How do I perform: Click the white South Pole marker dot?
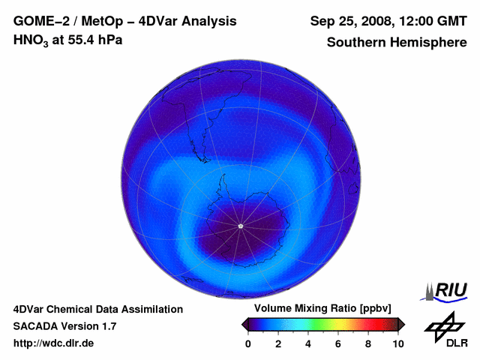pos(240,226)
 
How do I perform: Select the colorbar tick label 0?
pos(248,343)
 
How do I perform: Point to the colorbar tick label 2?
pos(278,343)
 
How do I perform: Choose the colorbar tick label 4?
pos(308,343)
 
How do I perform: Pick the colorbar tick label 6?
pos(338,343)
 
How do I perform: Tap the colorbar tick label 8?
pos(368,343)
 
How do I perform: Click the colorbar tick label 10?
pos(397,343)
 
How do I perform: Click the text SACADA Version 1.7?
pos(64,326)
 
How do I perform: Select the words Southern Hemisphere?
pos(397,42)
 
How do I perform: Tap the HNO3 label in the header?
pos(31,40)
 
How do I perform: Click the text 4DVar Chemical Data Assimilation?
pos(98,309)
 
